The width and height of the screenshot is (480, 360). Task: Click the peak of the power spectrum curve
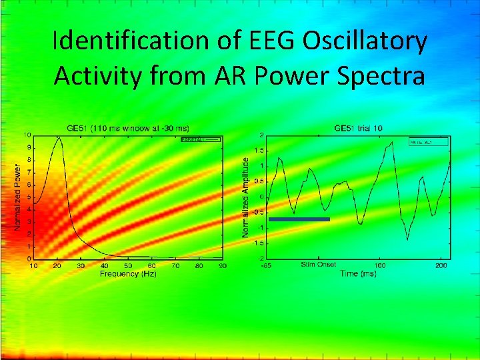[59, 138]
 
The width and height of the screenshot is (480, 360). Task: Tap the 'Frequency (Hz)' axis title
[128, 274]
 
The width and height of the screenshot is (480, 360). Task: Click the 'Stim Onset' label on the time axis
[319, 266]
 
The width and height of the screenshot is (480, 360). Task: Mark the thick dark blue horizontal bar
[299, 219]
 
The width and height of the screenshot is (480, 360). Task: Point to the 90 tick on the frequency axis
[223, 266]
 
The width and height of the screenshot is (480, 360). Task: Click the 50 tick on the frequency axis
[128, 266]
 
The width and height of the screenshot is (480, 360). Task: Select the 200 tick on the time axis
[441, 266]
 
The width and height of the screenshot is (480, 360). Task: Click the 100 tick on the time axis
[379, 266]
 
